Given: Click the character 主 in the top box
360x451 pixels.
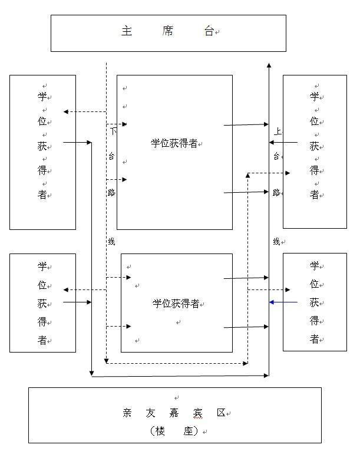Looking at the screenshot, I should [126, 32].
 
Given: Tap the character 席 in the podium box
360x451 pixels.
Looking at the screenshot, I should [167, 32].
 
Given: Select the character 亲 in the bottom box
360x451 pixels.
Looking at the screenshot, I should [127, 413].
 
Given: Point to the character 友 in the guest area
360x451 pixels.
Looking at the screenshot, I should [150, 413].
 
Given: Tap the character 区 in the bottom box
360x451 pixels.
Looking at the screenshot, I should [221, 413].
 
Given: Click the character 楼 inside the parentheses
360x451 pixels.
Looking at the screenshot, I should [160, 431].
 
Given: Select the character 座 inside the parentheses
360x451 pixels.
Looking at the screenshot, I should [189, 431].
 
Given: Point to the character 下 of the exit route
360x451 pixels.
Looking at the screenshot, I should [114, 131].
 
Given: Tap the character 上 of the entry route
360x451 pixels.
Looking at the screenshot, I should [278, 131].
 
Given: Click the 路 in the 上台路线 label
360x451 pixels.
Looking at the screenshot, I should [276, 192].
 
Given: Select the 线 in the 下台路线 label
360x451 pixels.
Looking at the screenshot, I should [111, 241].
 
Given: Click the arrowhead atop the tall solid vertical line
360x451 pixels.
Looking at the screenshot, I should [269, 65].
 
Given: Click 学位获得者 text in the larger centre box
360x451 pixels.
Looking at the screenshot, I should [174, 143].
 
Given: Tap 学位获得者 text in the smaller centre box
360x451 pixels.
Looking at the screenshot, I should [176, 304].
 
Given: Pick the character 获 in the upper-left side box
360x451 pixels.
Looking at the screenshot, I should [42, 146].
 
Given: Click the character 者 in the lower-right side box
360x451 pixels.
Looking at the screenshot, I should [315, 339].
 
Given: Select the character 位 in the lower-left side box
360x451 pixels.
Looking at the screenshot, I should [42, 284].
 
